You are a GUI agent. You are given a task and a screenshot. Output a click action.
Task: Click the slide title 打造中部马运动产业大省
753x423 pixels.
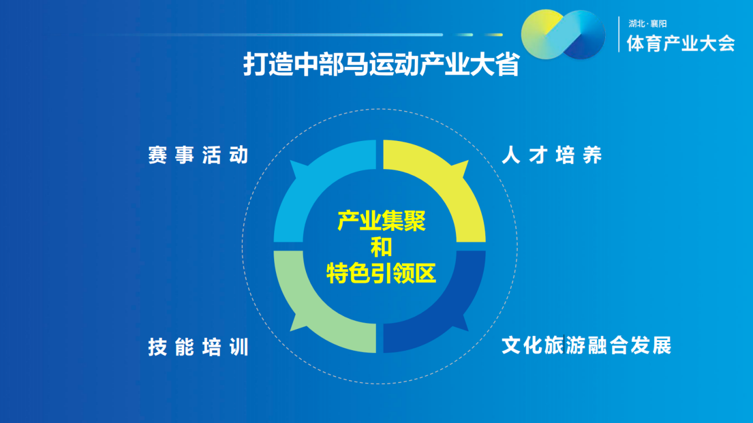pos(381,64)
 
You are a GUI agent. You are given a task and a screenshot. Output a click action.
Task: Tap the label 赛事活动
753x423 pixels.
pos(198,155)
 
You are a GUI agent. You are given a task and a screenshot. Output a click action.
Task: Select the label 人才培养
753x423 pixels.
pos(552,155)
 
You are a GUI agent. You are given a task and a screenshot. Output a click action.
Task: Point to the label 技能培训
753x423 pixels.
pos(198,347)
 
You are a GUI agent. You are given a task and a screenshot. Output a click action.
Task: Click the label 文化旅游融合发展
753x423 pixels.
pos(587,345)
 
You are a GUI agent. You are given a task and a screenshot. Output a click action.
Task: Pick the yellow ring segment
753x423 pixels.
pos(451,182)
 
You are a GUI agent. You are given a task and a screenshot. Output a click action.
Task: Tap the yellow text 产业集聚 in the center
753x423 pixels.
pos(381,221)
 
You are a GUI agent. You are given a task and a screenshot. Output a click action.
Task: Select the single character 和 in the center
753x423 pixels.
pos(381,247)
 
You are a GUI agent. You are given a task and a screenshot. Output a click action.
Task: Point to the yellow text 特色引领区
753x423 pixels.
pos(381,274)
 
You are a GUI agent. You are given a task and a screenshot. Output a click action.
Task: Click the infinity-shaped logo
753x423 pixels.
pos(563,34)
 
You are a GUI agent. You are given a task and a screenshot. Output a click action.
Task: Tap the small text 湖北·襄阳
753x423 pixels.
pos(648,24)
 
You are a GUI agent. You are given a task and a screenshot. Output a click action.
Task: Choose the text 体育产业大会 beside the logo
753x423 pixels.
pos(681,43)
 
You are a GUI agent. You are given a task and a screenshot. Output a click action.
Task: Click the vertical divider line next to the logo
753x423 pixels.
pos(619,34)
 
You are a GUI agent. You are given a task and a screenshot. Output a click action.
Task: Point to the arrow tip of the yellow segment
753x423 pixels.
pos(468,161)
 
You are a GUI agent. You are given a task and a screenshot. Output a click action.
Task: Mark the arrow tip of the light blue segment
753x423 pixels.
pos(291,161)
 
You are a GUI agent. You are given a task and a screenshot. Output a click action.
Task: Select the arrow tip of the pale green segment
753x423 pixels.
pos(291,331)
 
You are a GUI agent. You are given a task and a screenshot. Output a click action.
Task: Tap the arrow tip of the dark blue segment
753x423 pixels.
pos(468,331)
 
